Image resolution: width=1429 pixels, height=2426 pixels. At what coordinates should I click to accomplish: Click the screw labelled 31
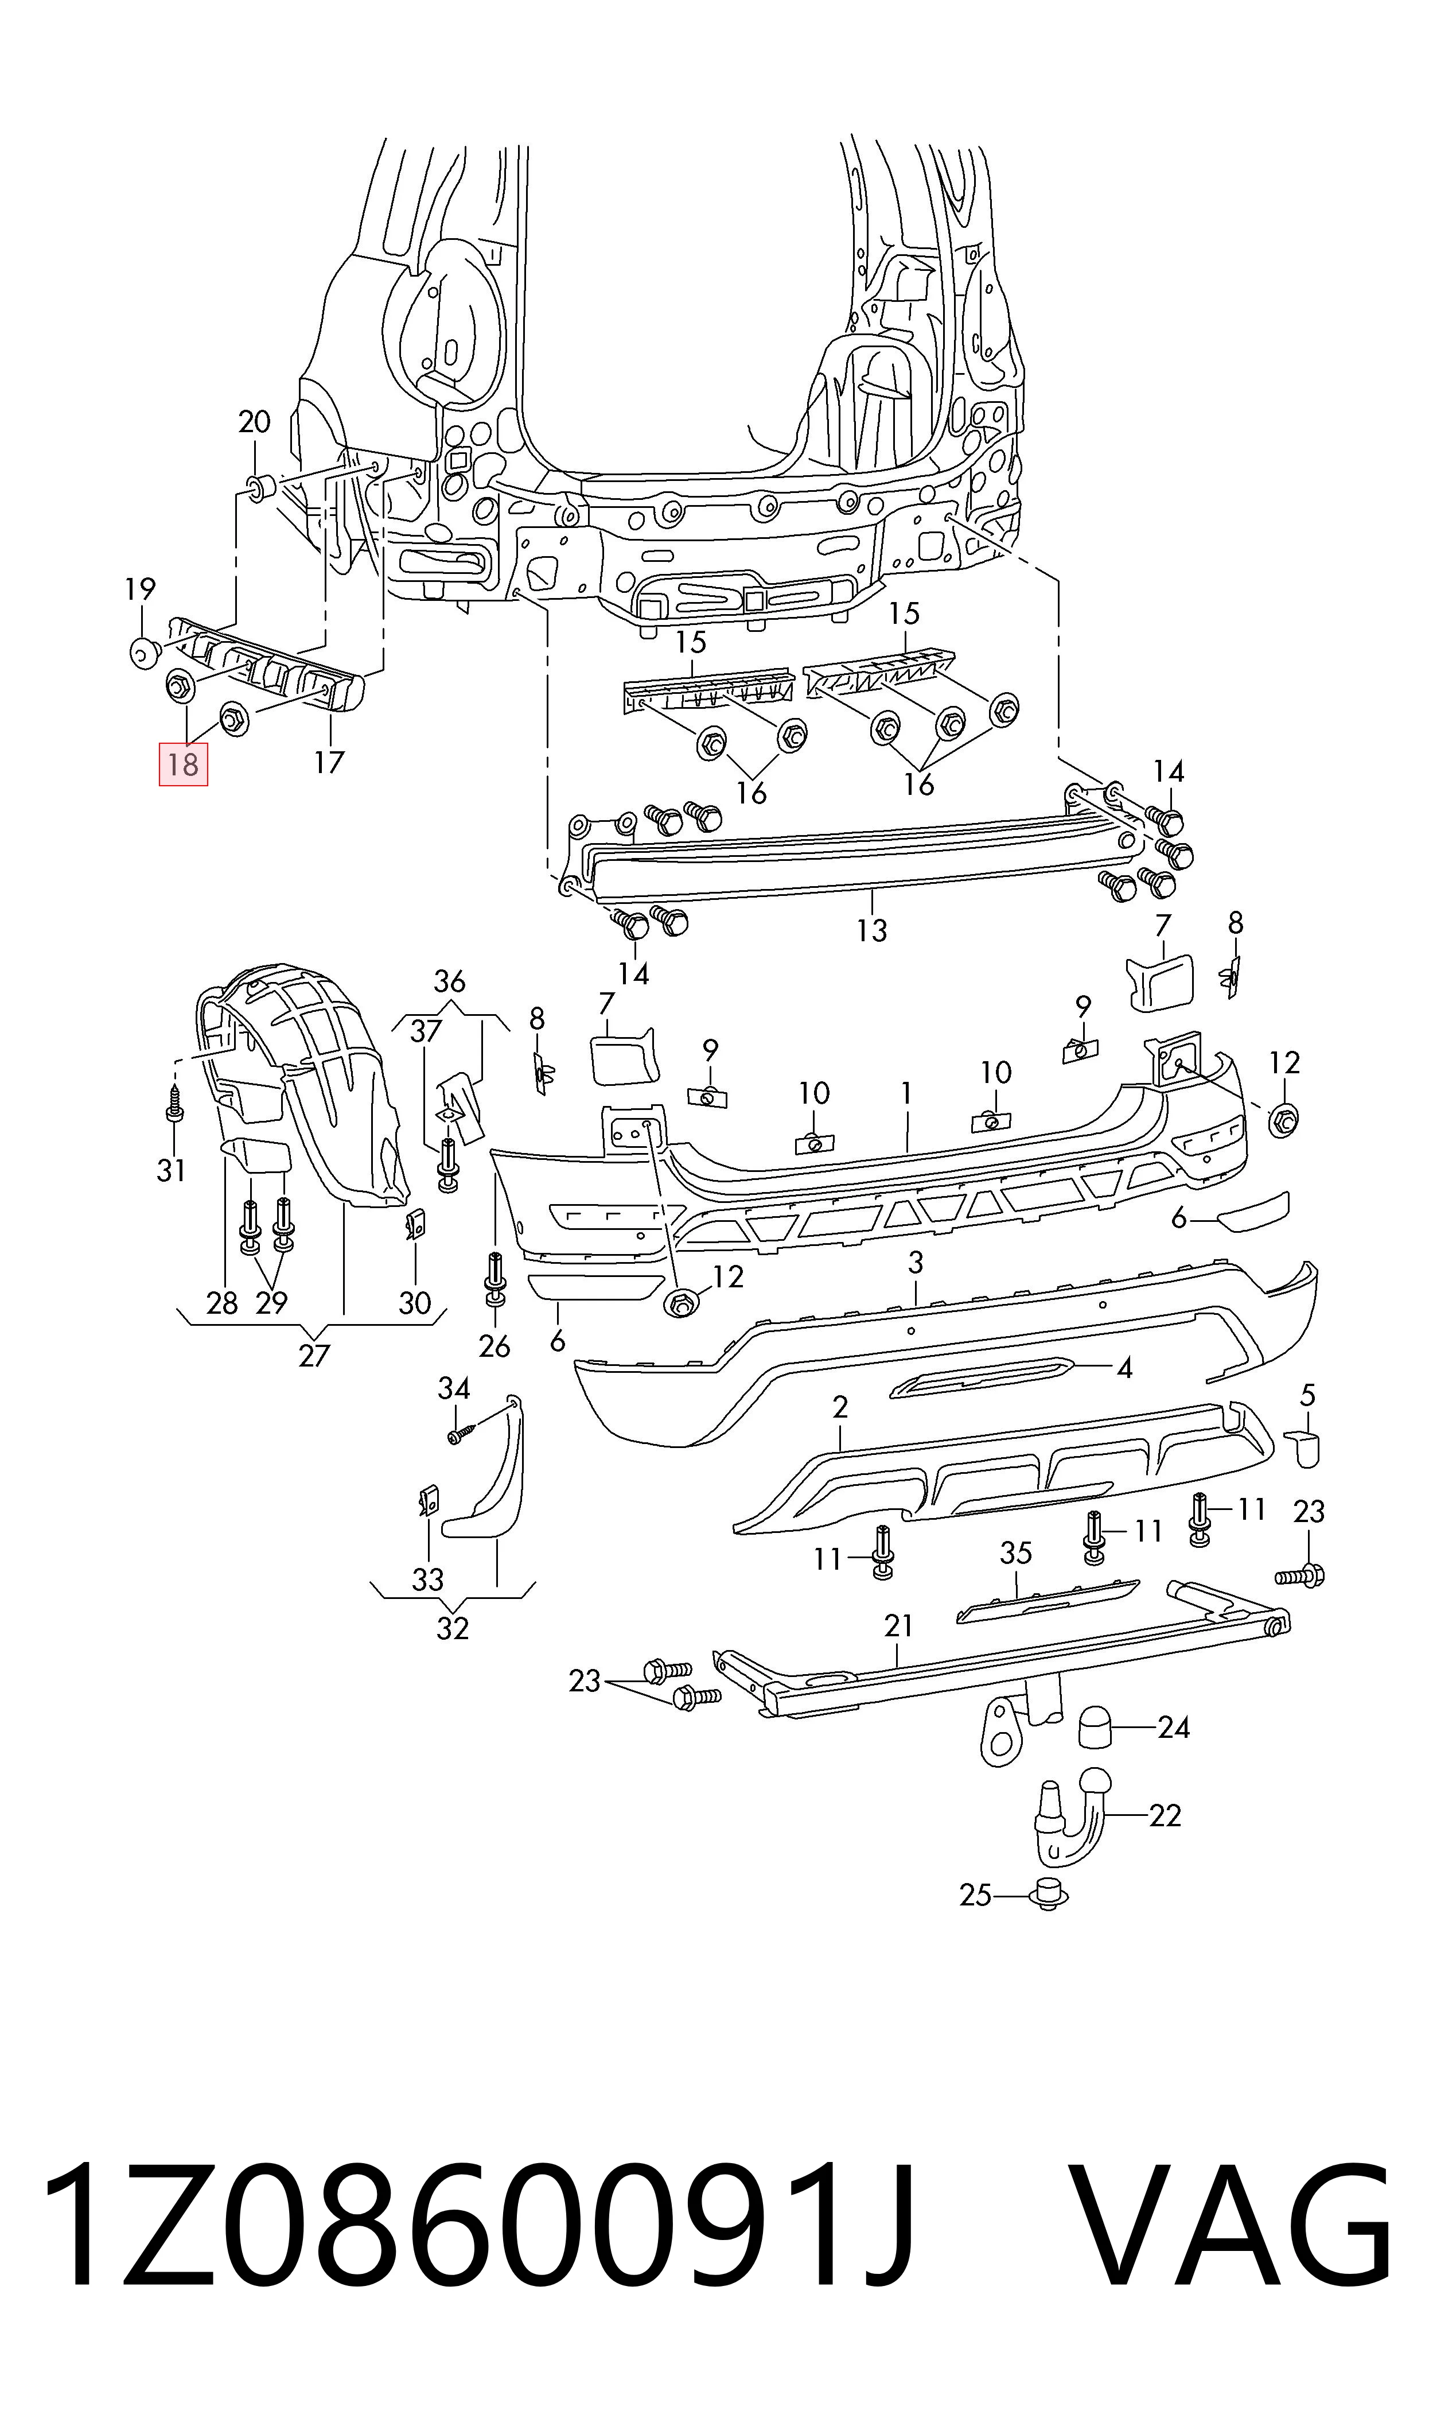(x=174, y=1104)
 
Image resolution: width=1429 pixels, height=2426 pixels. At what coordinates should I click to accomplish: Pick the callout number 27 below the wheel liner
(x=314, y=1356)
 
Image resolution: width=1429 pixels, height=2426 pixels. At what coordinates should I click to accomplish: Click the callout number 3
(x=915, y=1261)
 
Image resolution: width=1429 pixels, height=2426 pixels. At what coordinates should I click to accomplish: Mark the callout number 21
(x=898, y=1626)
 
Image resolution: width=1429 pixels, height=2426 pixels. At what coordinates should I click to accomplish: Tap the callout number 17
(x=328, y=763)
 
